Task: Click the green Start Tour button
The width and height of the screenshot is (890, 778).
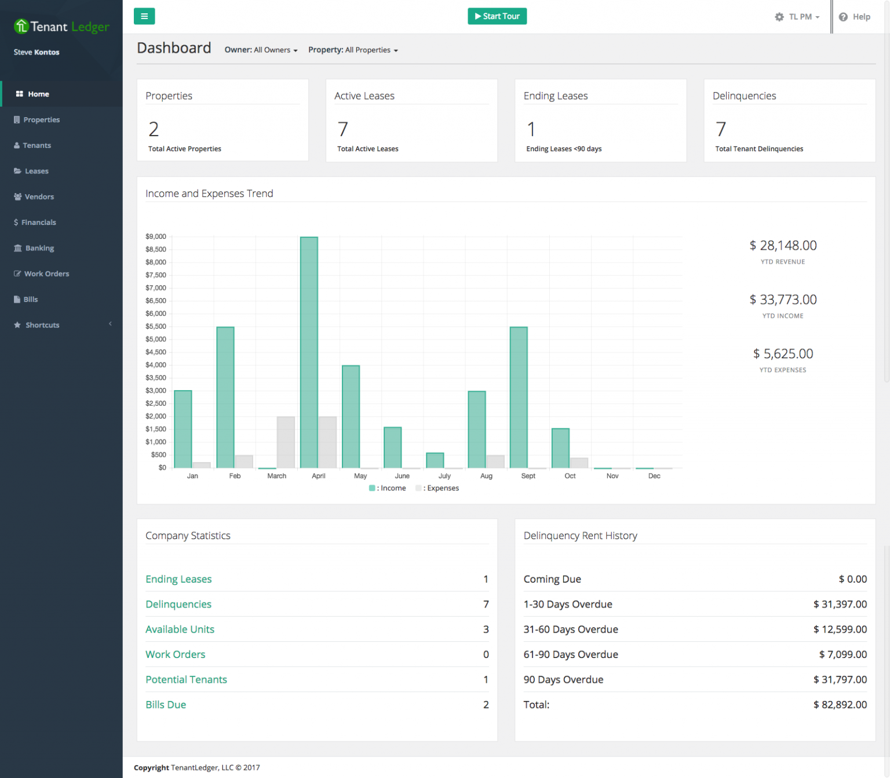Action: pyautogui.click(x=497, y=16)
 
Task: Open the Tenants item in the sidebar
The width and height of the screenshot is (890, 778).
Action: pyautogui.click(x=37, y=146)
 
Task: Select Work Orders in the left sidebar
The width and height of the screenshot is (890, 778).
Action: pyautogui.click(x=46, y=274)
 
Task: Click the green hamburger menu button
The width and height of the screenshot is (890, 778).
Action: pyautogui.click(x=144, y=16)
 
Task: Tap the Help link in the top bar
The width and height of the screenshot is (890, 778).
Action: pyautogui.click(x=855, y=17)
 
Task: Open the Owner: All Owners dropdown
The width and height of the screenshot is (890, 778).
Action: pyautogui.click(x=261, y=50)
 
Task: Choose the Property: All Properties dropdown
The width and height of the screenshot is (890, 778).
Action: pyautogui.click(x=353, y=50)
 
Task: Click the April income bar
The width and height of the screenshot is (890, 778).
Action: pyautogui.click(x=309, y=352)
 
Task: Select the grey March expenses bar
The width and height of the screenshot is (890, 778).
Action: pyautogui.click(x=286, y=442)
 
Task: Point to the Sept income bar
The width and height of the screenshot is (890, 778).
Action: pyautogui.click(x=519, y=397)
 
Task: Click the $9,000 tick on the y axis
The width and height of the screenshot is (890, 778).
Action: pyautogui.click(x=156, y=237)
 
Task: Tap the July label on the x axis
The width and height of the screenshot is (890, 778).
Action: pyautogui.click(x=444, y=476)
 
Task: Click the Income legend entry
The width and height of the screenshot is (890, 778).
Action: pyautogui.click(x=388, y=488)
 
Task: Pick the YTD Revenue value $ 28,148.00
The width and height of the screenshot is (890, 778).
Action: pyautogui.click(x=783, y=246)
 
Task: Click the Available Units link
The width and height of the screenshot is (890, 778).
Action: pyautogui.click(x=180, y=629)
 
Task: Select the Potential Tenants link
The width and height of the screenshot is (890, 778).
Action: pyautogui.click(x=186, y=679)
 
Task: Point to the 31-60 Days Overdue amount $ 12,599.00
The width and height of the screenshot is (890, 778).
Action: pyautogui.click(x=840, y=629)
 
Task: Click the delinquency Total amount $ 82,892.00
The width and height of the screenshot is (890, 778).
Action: pyautogui.click(x=840, y=704)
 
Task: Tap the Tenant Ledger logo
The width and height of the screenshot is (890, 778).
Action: pyautogui.click(x=61, y=27)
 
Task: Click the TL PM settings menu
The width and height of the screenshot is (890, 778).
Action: pyautogui.click(x=797, y=17)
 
